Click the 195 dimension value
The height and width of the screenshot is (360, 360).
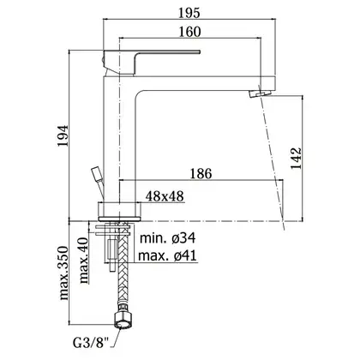[x=189, y=13]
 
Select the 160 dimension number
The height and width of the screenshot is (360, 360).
[x=189, y=32]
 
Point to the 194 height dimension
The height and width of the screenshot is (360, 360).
[x=63, y=135]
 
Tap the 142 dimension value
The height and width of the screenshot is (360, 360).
[x=297, y=159]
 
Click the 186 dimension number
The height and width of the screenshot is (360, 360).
[x=201, y=174]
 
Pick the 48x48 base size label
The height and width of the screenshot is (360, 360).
[x=165, y=196]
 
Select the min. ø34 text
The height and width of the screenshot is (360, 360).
[x=168, y=237]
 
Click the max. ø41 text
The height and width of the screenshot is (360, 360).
[x=168, y=256]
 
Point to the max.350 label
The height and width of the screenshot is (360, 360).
[x=63, y=273]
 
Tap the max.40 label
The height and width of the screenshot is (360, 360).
[x=83, y=261]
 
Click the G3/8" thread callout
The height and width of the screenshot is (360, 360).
[x=91, y=343]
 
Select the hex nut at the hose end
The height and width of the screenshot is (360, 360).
[x=124, y=317]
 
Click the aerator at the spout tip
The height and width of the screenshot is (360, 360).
[x=260, y=93]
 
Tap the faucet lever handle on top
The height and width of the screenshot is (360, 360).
[x=152, y=63]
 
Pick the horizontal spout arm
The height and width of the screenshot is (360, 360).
[x=205, y=83]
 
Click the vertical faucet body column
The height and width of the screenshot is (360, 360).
[x=118, y=139]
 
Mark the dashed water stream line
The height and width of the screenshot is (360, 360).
[x=272, y=157]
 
